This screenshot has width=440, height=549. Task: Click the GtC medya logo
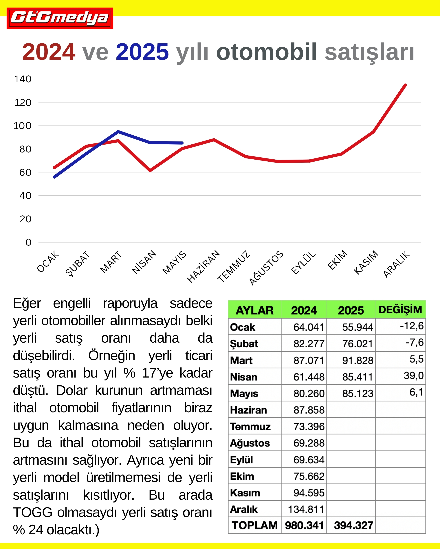tap(60, 18)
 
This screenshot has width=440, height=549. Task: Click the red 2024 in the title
tap(48, 52)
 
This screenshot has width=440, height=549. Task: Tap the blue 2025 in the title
tap(142, 52)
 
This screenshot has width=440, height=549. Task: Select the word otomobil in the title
tap(267, 52)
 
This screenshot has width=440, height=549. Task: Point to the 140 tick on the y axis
tap(23, 79)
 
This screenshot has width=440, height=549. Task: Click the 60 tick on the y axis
tap(25, 172)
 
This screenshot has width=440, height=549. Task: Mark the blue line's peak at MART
tap(118, 132)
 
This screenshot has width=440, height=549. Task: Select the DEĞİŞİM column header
tap(400, 310)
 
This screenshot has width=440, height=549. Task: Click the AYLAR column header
tap(255, 310)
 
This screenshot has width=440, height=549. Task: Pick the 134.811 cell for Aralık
tap(306, 509)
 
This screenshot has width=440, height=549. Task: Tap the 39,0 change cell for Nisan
tap(413, 376)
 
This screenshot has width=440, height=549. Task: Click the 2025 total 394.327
tap(353, 525)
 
